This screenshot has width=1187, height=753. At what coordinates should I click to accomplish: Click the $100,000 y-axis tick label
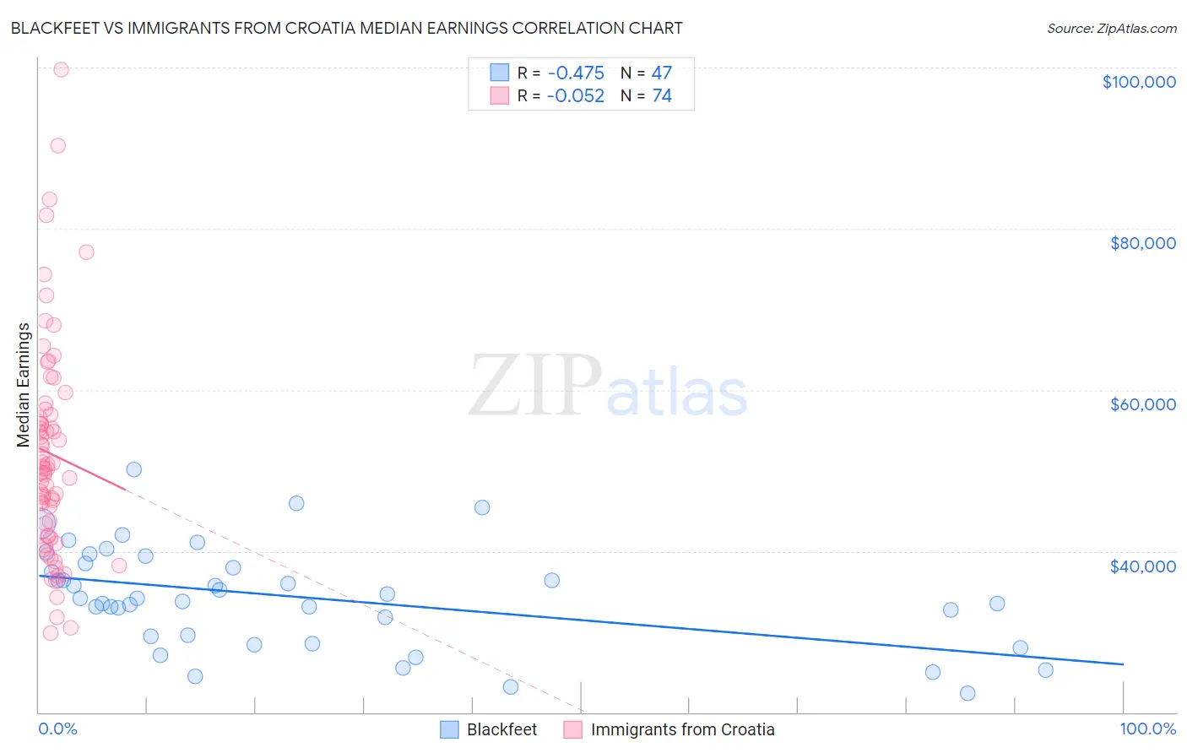[x=1139, y=82]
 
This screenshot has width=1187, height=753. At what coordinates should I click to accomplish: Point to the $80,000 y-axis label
[x=1142, y=243]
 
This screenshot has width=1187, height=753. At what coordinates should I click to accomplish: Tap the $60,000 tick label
[x=1142, y=404]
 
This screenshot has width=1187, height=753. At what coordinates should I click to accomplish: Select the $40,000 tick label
[x=1142, y=566]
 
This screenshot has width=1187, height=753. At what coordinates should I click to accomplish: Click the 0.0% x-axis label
[x=57, y=729]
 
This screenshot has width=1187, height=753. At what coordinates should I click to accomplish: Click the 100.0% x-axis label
[x=1147, y=729]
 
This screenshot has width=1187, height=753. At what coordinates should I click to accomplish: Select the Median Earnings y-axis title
[x=24, y=384]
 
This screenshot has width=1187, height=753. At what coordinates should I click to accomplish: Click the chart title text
[x=346, y=28]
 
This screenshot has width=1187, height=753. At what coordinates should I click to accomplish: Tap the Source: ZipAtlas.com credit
[x=1111, y=29]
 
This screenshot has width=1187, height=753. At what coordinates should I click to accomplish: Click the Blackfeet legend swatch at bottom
[x=449, y=729]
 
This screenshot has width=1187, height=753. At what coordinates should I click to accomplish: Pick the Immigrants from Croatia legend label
[x=682, y=729]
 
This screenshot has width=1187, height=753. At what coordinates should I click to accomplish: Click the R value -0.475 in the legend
[x=576, y=73]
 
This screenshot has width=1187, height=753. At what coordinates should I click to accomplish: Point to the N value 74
[x=662, y=96]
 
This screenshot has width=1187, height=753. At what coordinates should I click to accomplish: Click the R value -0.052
[x=576, y=96]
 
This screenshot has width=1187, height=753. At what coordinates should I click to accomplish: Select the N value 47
[x=662, y=73]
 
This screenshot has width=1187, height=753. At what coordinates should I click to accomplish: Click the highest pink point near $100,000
[x=61, y=70]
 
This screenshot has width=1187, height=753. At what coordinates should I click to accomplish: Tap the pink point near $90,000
[x=57, y=145]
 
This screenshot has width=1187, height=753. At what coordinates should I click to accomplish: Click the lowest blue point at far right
[x=967, y=693]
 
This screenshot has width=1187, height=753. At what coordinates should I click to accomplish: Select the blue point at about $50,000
[x=133, y=469]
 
